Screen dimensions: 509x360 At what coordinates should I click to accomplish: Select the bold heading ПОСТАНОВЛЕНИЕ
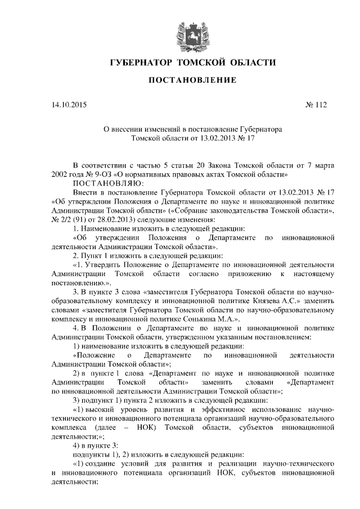point(192,82)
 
